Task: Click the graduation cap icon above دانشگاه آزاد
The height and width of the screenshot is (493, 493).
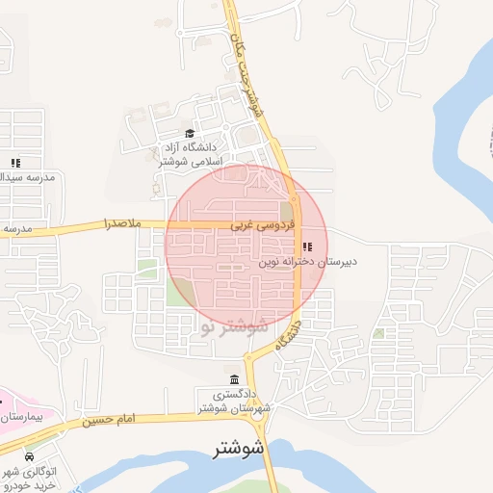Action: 189,134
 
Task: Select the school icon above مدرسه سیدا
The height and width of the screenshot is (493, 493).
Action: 14,163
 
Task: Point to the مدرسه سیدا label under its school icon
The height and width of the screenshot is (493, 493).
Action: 28,178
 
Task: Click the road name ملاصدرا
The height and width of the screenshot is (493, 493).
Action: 122,224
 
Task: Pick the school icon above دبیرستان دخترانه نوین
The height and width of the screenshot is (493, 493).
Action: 307,246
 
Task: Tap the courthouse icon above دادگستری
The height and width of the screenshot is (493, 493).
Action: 237,378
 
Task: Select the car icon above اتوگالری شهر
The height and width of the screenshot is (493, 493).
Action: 30,455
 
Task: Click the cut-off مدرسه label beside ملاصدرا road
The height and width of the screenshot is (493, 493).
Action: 18,229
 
